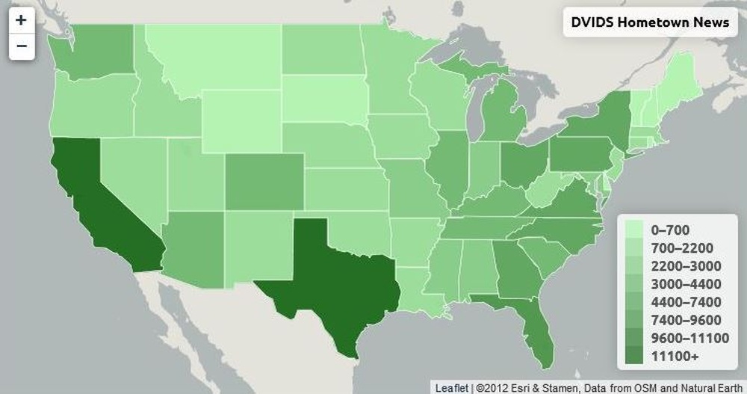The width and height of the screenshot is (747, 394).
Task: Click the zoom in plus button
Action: point(21,20)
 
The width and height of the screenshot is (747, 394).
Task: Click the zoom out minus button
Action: point(21,46)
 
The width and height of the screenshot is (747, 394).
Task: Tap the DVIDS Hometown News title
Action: point(649,22)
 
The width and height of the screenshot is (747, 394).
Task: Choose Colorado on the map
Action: point(264,182)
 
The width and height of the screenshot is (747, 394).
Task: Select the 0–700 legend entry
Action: point(670,230)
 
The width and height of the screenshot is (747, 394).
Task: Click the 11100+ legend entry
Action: point(675,357)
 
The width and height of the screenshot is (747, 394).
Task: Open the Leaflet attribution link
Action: point(452,387)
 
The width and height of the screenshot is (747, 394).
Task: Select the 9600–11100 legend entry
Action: point(688,339)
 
